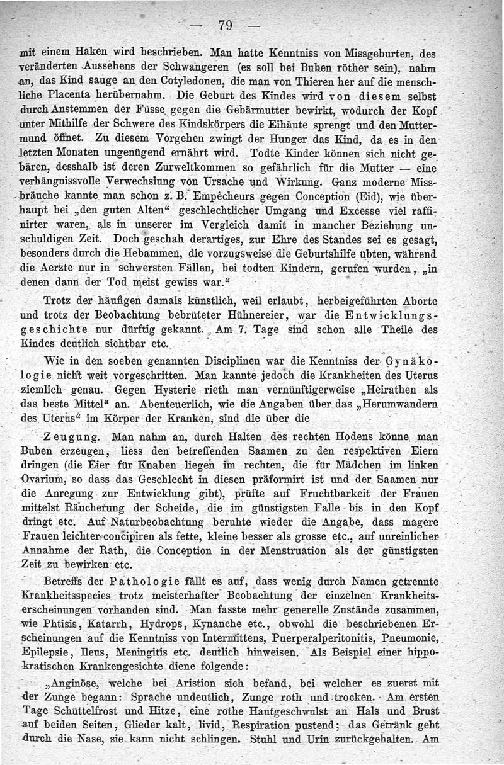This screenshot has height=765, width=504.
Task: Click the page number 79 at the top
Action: tap(224, 26)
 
